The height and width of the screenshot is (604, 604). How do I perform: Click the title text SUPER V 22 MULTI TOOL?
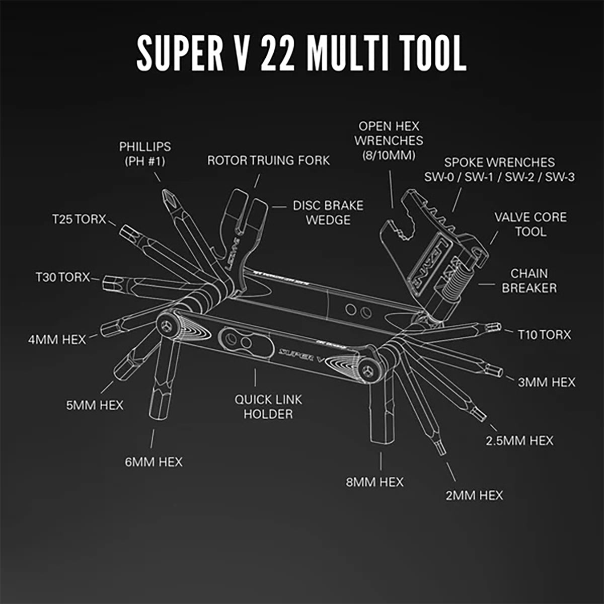pos(301,53)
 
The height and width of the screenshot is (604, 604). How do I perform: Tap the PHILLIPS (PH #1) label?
pos(145,154)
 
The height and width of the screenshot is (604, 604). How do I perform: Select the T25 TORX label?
pos(79,219)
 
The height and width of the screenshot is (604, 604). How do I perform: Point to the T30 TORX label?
pos(62,277)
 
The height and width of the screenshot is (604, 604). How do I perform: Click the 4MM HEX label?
pos(57,339)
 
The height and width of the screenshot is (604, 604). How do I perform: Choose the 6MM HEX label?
pos(154,461)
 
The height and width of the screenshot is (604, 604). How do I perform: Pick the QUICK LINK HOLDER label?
pos(268,407)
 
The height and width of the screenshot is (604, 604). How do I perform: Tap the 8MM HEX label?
pos(374,482)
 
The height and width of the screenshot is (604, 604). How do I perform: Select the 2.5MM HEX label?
pos(519,440)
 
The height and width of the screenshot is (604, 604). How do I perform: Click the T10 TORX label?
pos(544,334)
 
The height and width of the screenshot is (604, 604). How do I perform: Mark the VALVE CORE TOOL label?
pos(530,224)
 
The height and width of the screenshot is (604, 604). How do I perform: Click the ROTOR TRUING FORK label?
pos(268,160)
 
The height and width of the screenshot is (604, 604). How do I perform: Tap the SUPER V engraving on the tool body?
pos(302,354)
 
